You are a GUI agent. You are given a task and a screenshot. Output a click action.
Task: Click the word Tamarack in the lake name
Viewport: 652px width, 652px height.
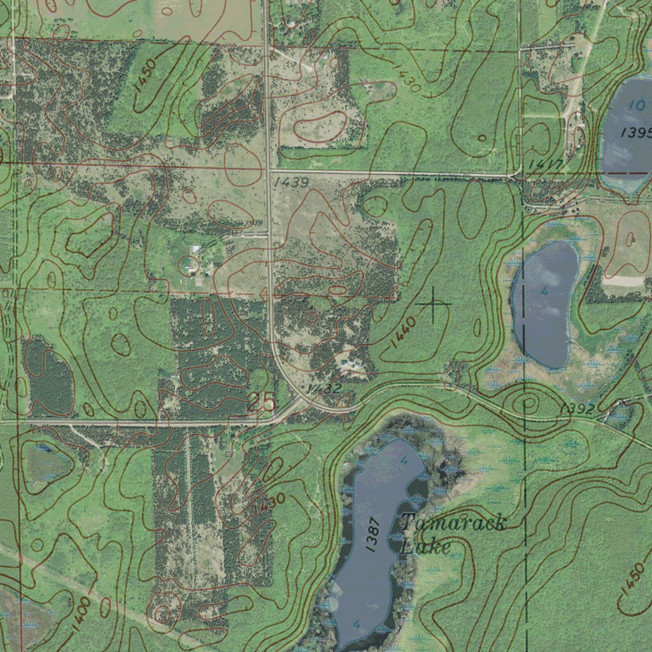453,524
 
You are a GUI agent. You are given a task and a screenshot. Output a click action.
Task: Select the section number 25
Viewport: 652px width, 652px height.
261,402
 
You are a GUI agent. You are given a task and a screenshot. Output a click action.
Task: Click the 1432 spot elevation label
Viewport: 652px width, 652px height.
324,388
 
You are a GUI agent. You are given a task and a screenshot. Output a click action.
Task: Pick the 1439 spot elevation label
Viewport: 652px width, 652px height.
291,183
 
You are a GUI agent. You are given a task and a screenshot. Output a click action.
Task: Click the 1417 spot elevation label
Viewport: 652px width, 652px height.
545,166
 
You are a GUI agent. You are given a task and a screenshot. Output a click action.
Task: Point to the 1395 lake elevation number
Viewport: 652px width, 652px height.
635,132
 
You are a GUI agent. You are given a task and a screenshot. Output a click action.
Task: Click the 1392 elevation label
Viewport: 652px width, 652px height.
578,409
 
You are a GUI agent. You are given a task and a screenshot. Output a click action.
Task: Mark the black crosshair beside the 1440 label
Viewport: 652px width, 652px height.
434,304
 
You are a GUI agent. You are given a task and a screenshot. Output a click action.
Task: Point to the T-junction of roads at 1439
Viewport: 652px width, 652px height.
269,171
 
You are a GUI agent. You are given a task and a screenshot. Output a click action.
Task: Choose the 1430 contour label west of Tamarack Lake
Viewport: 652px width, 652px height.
268,506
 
